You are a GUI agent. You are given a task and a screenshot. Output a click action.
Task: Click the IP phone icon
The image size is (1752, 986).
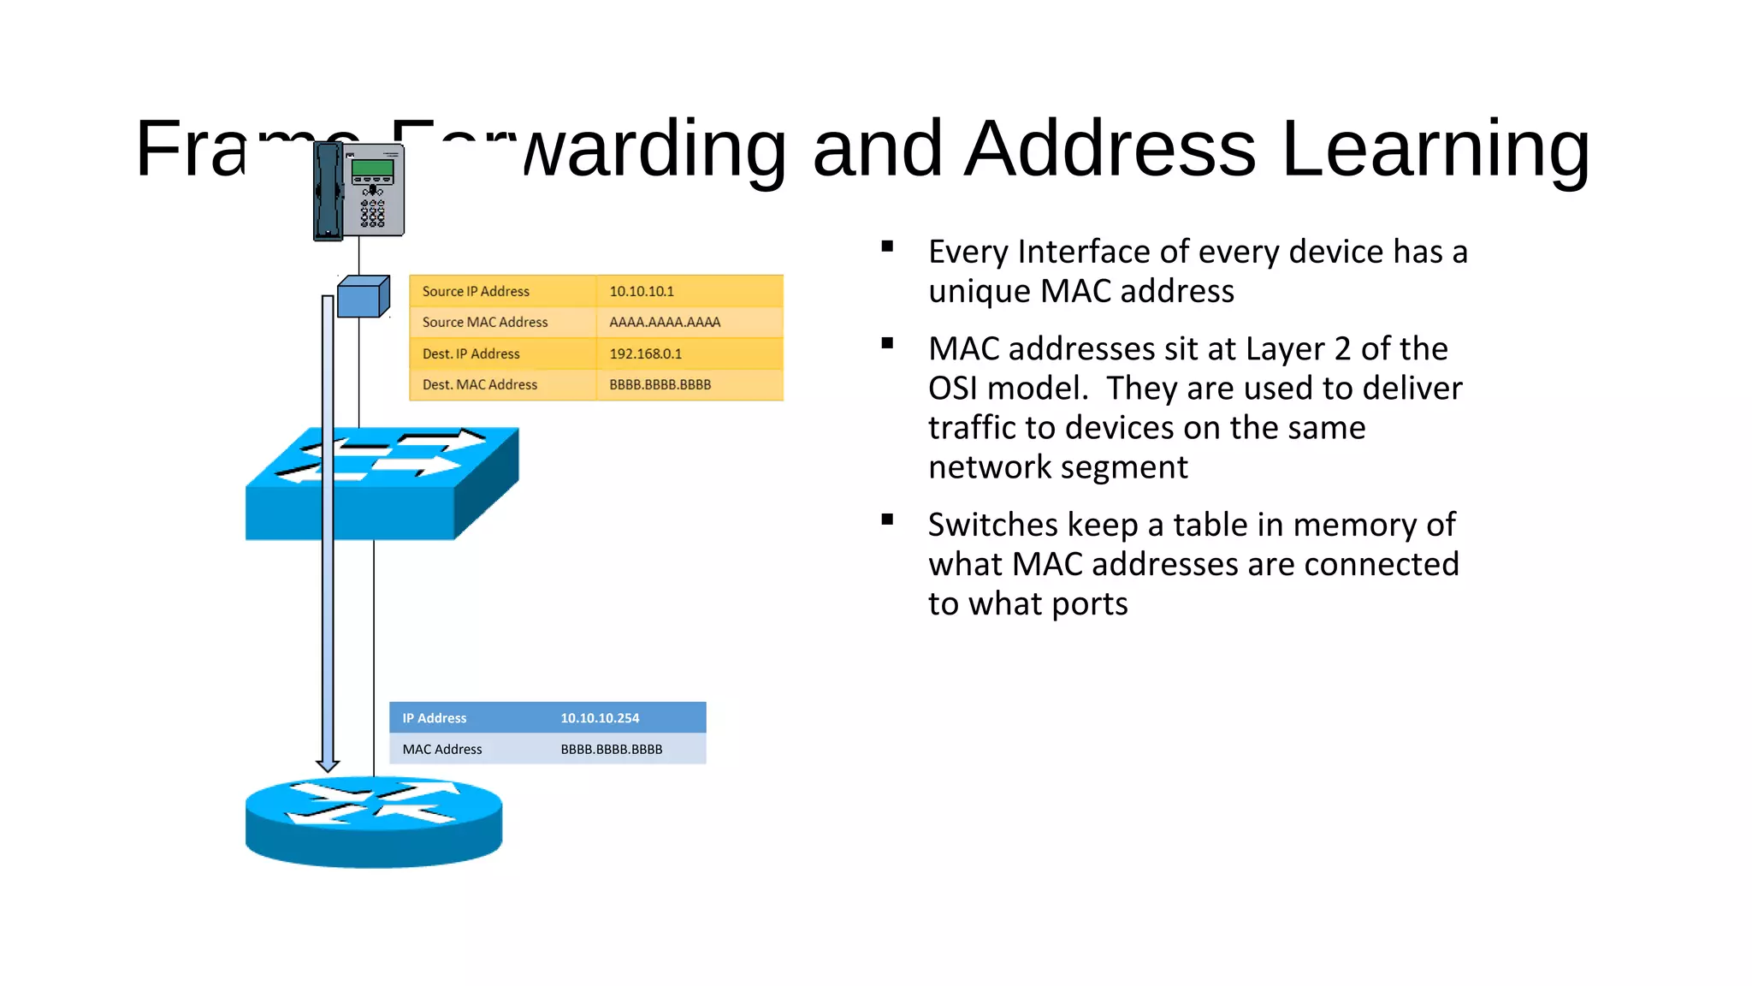(x=358, y=191)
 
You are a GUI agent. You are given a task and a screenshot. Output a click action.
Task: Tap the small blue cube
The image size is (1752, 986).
(x=364, y=296)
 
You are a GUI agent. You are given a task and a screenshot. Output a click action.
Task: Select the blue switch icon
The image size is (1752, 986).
(x=382, y=484)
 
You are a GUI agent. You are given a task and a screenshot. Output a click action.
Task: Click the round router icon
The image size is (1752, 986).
(x=374, y=822)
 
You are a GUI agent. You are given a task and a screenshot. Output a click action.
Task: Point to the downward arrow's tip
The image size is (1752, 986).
(x=328, y=768)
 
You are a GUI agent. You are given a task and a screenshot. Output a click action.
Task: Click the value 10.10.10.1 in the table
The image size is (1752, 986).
(x=642, y=291)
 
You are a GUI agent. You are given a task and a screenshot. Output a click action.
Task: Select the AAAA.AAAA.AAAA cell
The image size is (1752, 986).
(x=665, y=323)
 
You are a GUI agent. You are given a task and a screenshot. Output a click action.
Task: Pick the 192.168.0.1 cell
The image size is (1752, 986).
(x=645, y=353)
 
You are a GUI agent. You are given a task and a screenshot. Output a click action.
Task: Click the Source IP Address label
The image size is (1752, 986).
(x=476, y=291)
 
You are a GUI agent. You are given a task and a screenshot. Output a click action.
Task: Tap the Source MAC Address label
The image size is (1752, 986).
(x=485, y=323)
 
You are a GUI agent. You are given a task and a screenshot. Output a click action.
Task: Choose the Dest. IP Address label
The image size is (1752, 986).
(x=471, y=353)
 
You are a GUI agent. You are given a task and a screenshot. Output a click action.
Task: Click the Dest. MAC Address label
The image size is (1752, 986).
(x=480, y=385)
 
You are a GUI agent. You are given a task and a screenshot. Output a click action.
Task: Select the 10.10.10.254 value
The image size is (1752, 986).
(x=600, y=718)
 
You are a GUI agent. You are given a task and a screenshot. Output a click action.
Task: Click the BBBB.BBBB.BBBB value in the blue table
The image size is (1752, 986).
(x=612, y=750)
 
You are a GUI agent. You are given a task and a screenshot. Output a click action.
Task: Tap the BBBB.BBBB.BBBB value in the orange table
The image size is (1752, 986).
(x=660, y=385)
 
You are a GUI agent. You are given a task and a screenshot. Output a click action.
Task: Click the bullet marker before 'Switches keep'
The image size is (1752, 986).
(x=887, y=520)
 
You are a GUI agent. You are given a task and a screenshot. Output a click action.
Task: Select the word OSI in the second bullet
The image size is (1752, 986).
(x=952, y=389)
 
